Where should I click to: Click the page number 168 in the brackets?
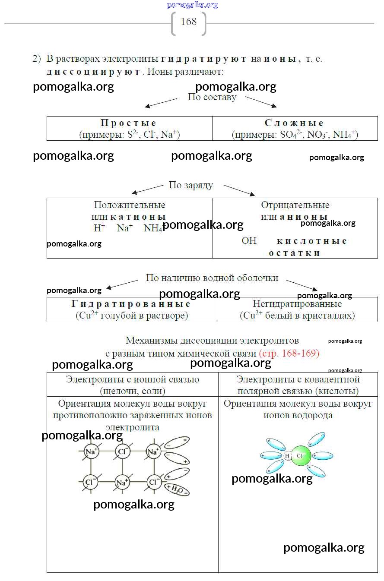click(x=189, y=22)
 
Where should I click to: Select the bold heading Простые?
click(x=129, y=123)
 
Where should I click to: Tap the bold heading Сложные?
click(x=294, y=123)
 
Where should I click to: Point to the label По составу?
click(x=212, y=97)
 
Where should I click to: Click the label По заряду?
click(x=191, y=185)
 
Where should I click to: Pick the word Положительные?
click(x=130, y=205)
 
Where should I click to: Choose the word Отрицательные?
click(x=295, y=205)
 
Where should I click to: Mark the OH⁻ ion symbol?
click(x=250, y=240)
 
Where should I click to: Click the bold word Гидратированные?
click(x=131, y=304)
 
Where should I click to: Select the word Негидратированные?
click(x=297, y=304)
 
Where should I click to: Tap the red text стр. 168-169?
click(x=289, y=354)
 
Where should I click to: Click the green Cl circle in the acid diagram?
click(x=301, y=456)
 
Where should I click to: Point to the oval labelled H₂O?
click(x=178, y=488)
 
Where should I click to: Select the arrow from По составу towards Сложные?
click(x=261, y=102)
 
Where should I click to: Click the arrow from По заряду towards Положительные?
click(x=147, y=189)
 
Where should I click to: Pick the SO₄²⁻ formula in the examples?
click(x=292, y=135)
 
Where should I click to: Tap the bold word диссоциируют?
click(x=93, y=72)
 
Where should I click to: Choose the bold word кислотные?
click(x=312, y=241)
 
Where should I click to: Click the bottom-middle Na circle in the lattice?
click(x=121, y=482)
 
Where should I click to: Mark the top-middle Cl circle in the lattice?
click(x=122, y=452)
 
